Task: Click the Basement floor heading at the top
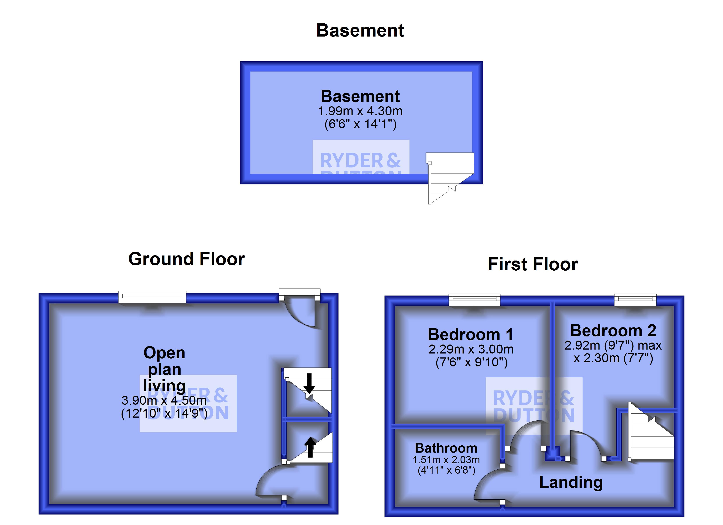tap(360, 31)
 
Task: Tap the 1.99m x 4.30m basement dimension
tap(360, 111)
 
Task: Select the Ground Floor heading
tap(186, 259)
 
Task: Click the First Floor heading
tap(533, 264)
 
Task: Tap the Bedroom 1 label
tap(471, 335)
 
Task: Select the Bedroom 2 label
tap(613, 331)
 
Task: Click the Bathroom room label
tap(446, 448)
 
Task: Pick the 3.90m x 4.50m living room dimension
tap(164, 400)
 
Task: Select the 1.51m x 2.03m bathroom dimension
tap(446, 460)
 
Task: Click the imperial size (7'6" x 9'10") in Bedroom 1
tap(471, 362)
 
